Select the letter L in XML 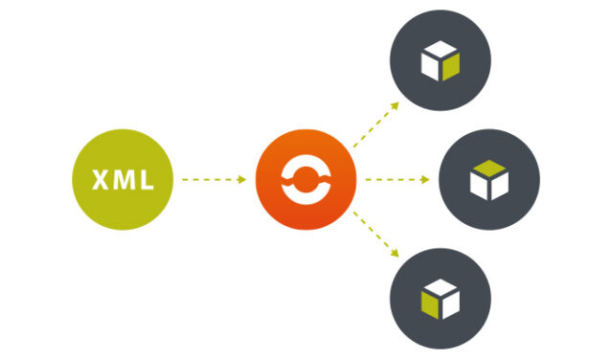(x=145, y=180)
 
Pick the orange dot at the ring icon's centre (x=306, y=180)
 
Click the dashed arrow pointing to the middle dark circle (x=397, y=179)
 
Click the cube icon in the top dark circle (x=440, y=62)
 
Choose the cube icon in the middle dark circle (x=488, y=180)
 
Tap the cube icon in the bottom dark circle (x=440, y=299)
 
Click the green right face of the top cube (x=450, y=66)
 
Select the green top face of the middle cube (x=488, y=169)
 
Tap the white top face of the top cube (x=440, y=52)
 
